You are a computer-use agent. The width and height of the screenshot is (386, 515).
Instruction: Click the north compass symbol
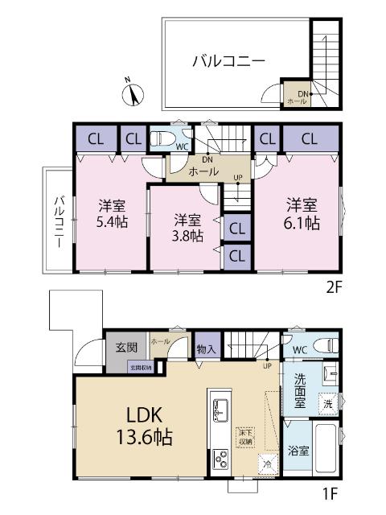tap(131, 92)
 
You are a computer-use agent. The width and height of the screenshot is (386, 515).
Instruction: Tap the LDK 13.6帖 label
tap(147, 427)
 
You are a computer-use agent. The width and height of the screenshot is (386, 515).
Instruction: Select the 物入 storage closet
tap(206, 348)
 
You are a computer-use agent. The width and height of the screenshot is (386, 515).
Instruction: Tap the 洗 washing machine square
tap(327, 402)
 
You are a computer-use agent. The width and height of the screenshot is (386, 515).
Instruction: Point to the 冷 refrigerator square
tap(266, 463)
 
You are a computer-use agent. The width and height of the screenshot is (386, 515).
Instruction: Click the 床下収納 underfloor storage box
tap(244, 437)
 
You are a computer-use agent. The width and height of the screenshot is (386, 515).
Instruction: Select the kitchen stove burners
tap(220, 459)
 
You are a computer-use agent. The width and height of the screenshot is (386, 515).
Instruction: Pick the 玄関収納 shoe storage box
tap(141, 368)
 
